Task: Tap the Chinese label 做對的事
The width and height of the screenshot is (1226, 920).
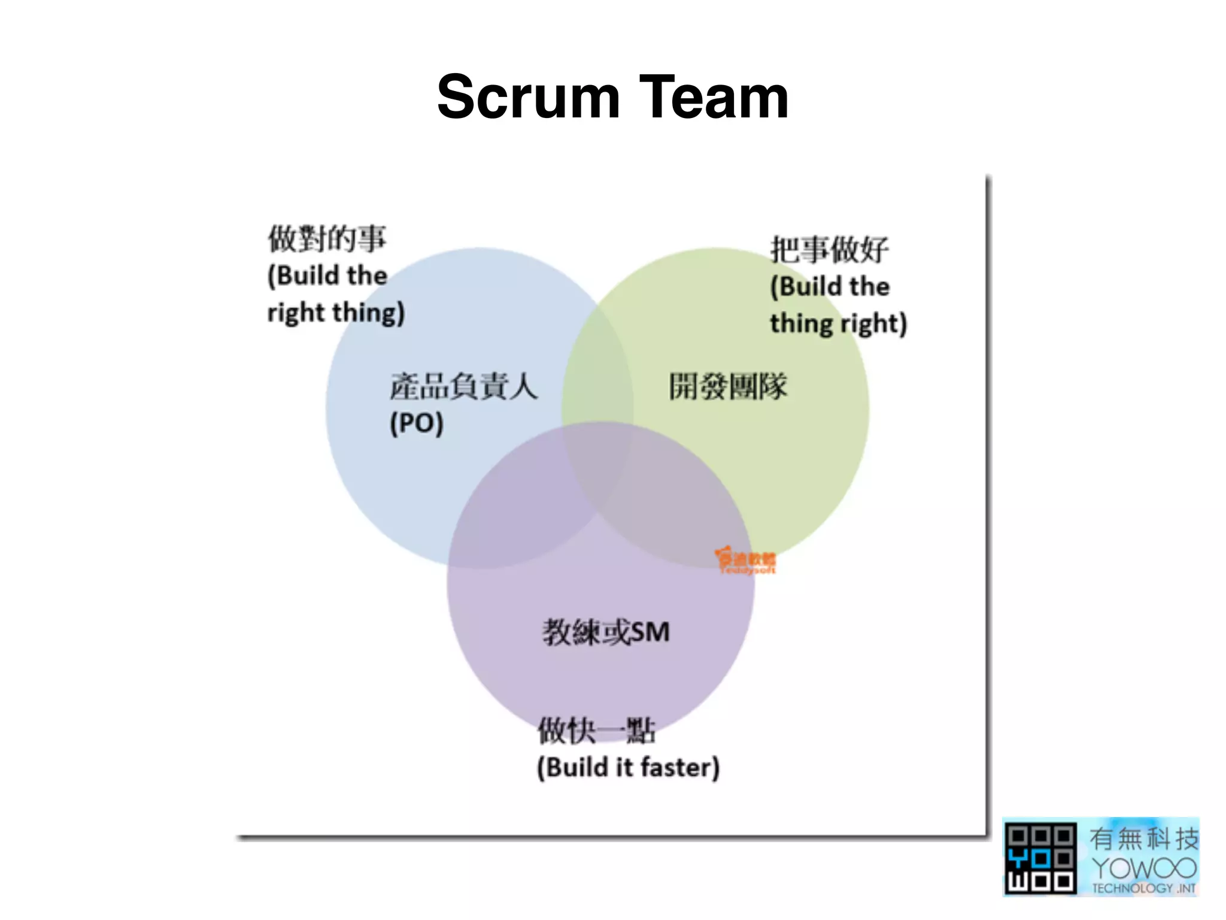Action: click(327, 238)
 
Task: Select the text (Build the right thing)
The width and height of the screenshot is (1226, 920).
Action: click(335, 294)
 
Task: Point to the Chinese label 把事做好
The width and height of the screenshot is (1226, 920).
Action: click(829, 249)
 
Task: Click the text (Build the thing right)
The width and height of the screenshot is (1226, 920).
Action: click(838, 305)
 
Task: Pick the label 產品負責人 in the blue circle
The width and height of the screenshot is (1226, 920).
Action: click(463, 386)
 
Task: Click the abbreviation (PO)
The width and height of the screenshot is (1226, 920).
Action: click(417, 423)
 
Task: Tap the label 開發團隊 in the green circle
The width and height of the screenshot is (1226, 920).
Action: click(727, 386)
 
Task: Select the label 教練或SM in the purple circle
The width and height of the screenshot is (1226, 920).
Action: click(606, 632)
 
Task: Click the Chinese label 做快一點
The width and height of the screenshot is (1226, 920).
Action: click(596, 731)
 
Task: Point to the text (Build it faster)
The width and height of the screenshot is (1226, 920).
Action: click(628, 767)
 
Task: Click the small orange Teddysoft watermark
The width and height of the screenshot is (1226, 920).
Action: click(746, 561)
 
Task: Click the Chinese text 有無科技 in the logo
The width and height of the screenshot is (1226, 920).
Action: click(1144, 838)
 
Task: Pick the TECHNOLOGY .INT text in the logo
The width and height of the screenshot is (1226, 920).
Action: click(1144, 888)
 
